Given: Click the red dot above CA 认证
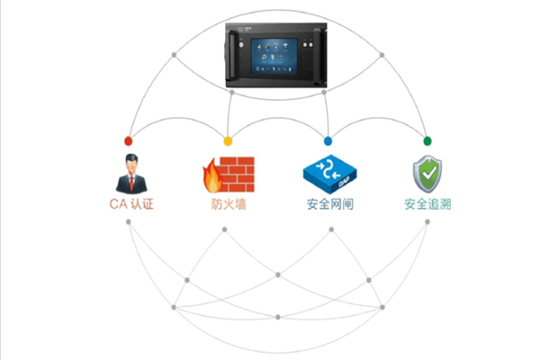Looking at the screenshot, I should [128, 141].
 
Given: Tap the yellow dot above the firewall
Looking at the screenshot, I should [228, 141].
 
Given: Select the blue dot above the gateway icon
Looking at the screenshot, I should [328, 141].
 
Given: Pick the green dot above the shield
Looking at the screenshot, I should [427, 141].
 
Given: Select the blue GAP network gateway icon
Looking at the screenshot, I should [327, 174].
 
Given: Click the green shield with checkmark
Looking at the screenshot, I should [427, 173].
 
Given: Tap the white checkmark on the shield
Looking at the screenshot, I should [427, 171].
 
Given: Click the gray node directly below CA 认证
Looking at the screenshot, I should [128, 221].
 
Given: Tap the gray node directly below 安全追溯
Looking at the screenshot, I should [427, 221].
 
